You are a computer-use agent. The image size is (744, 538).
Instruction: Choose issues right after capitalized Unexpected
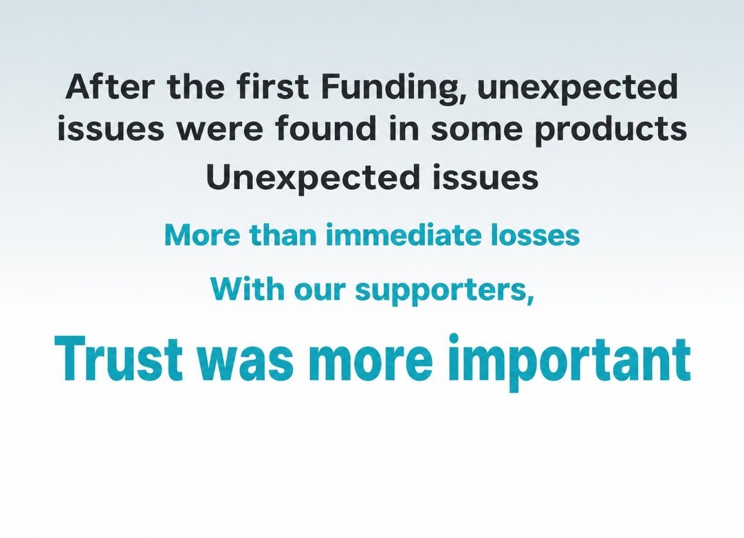pyautogui.click(x=485, y=177)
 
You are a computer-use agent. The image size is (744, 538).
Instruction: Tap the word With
pyautogui.click(x=248, y=288)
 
